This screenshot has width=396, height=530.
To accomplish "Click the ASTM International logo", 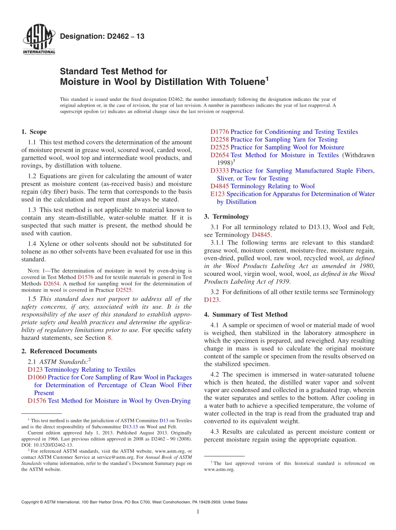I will (38, 40).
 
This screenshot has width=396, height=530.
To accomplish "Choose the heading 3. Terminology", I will (226, 217).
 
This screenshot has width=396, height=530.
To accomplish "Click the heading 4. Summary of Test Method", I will (246, 315).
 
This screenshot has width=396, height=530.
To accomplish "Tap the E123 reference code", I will (218, 194).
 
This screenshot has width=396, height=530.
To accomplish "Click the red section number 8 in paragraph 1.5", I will (110, 338).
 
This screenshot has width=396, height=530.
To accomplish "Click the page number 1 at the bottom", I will (198, 512).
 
